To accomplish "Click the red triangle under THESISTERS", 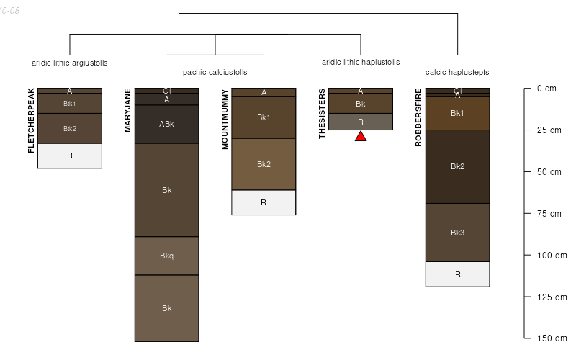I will point(361,136).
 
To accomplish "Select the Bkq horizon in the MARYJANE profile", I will point(167,256).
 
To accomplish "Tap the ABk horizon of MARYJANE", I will point(167,124).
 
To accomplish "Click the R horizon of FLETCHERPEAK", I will point(70,156).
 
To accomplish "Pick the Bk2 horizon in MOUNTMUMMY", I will point(264,164).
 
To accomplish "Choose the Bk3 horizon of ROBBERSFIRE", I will point(458,233).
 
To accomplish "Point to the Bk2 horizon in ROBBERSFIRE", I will point(458,166).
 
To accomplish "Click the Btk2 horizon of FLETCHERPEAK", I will point(70,128).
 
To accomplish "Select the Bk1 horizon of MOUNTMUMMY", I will point(264,117).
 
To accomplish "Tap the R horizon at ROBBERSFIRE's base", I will point(458,274).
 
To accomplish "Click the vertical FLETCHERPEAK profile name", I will point(31,121).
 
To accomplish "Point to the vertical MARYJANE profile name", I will point(128,110).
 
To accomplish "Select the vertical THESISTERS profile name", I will point(323,114).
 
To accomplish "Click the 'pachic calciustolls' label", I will point(215,73).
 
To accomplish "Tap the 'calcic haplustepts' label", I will point(457,73).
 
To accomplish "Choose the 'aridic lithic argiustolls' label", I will point(70,63).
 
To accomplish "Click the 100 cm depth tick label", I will point(552,255).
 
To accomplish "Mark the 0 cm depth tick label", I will point(546,89).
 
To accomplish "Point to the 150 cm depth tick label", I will point(552,338).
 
